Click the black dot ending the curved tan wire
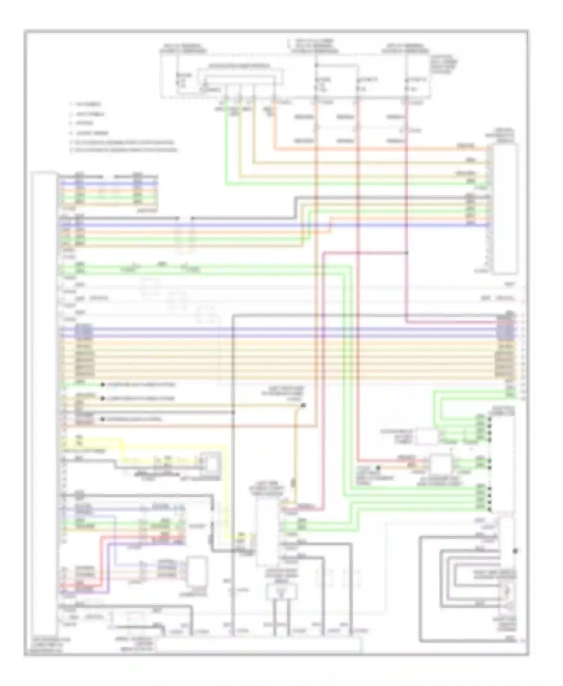click(x=303, y=405)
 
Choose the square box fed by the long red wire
click(x=441, y=464)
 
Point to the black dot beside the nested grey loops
click(x=515, y=551)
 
